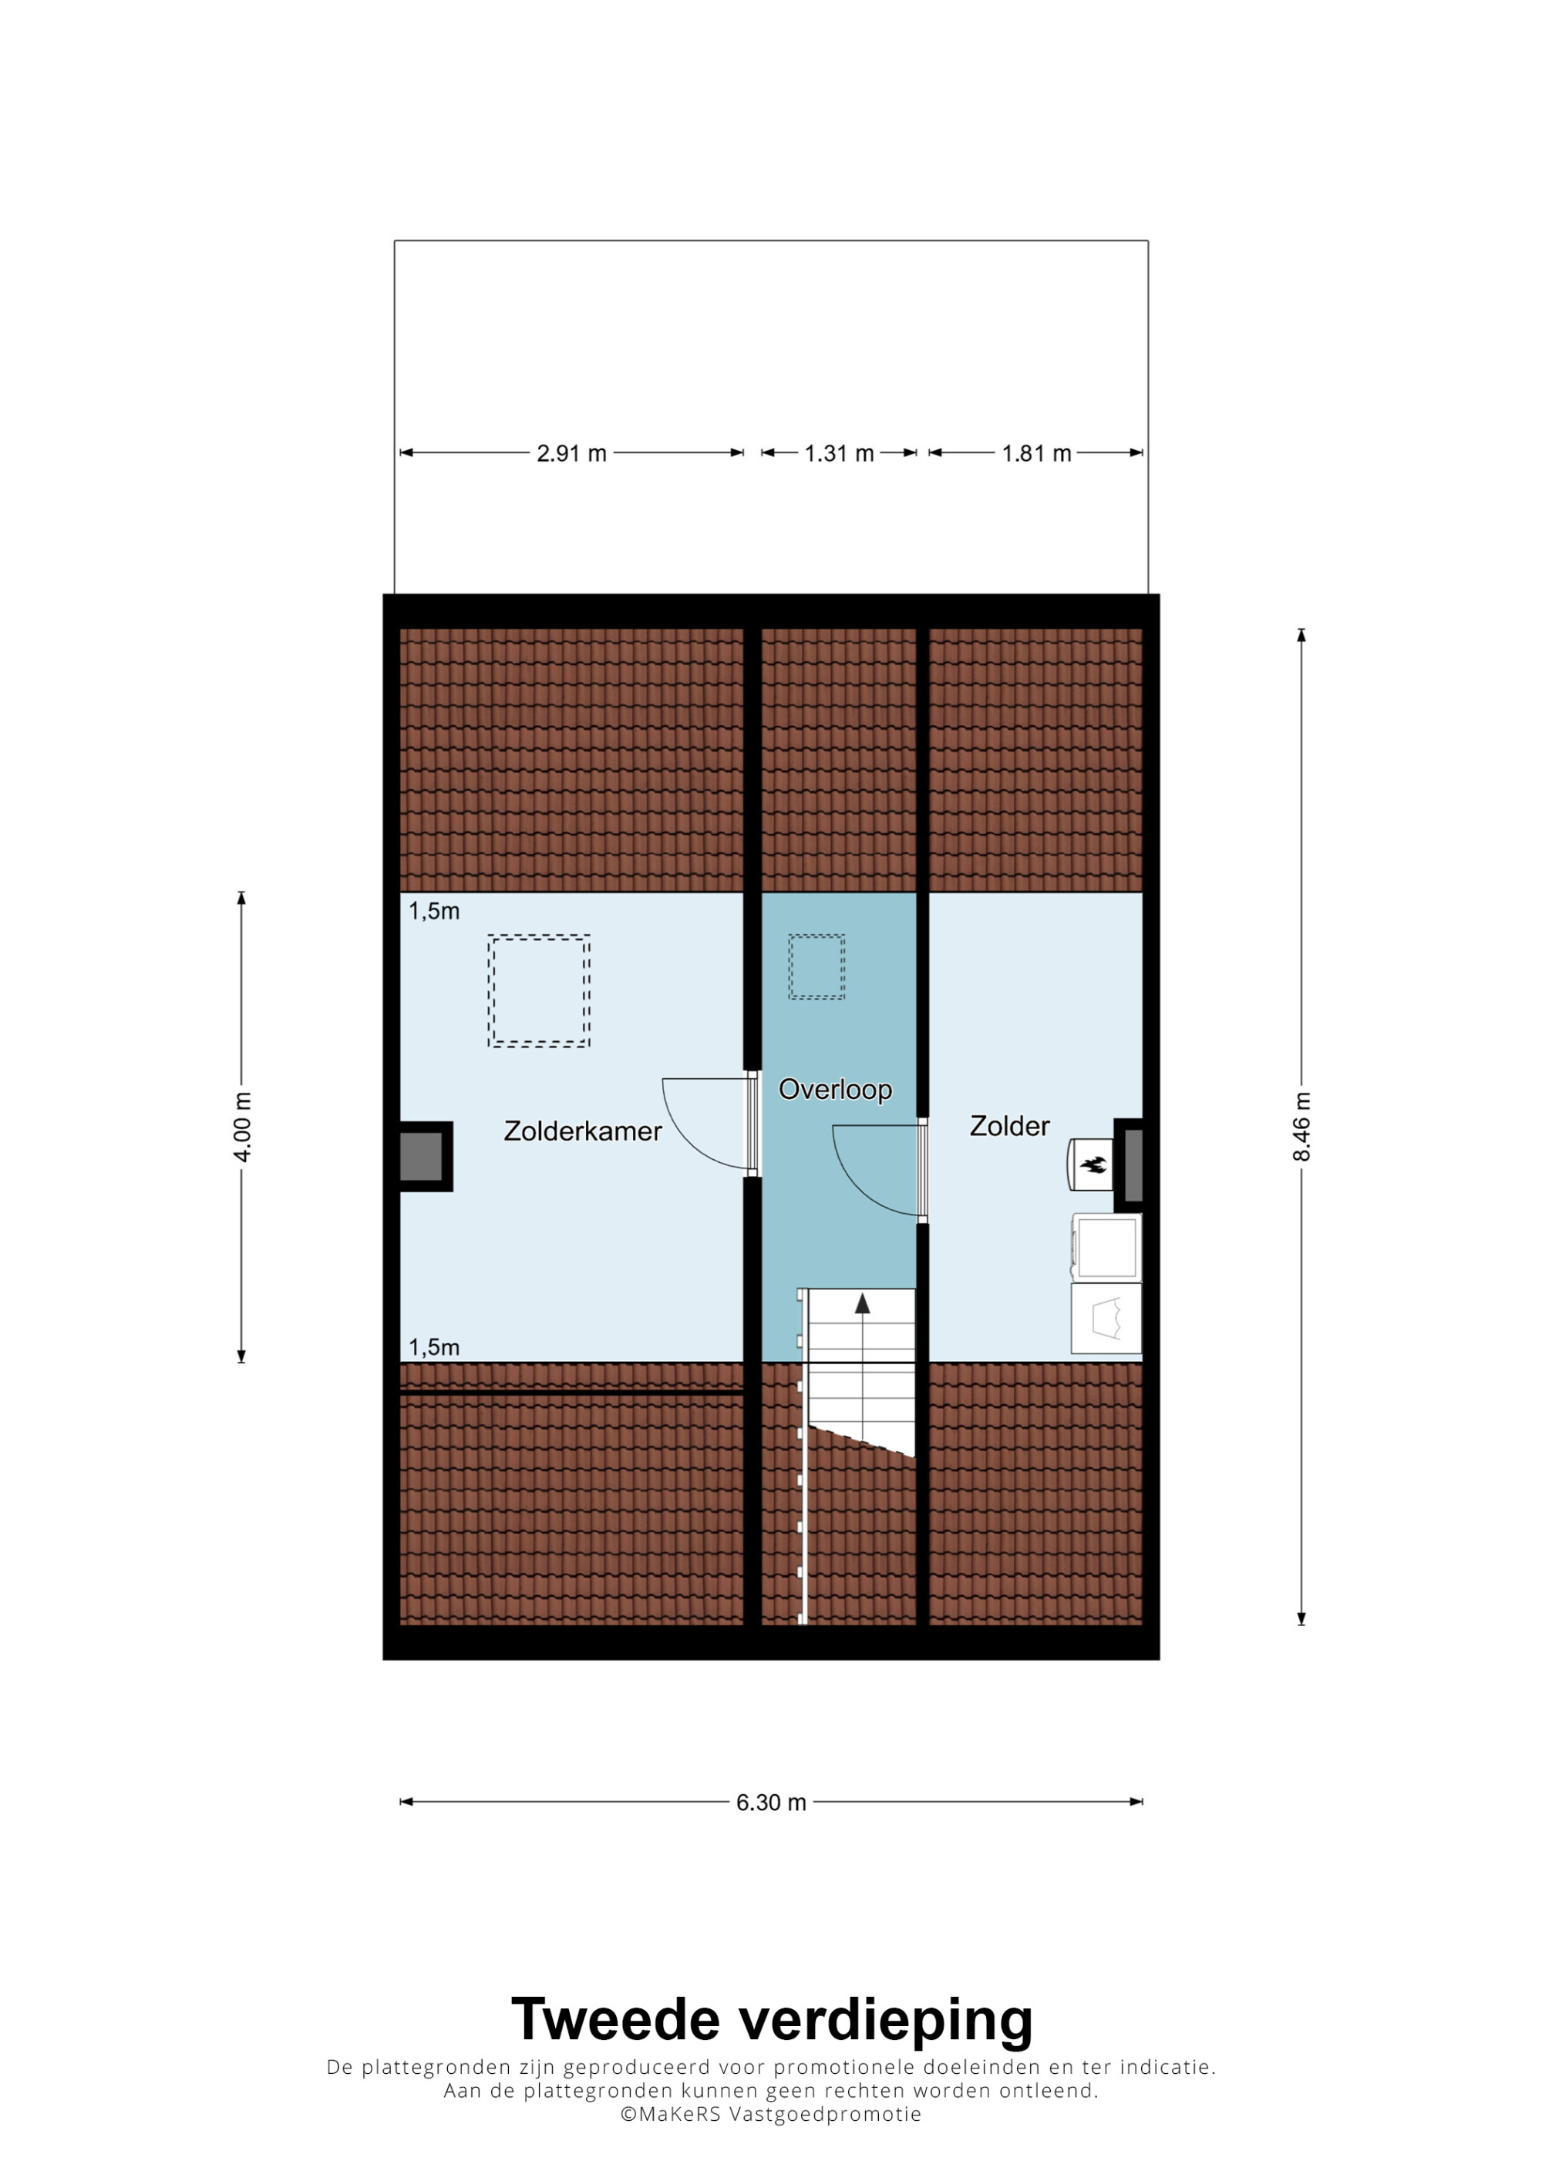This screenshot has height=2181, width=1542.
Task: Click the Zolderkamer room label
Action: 582,1131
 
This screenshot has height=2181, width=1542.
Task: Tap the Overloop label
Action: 835,1090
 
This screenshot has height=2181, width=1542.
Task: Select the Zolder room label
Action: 1009,1126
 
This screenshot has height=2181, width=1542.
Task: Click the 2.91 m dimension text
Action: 572,453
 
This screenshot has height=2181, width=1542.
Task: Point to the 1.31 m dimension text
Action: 839,453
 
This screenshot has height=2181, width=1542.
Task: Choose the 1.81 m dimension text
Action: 1036,453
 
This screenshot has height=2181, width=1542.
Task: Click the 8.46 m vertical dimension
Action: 1301,1127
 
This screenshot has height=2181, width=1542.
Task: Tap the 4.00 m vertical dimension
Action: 242,1127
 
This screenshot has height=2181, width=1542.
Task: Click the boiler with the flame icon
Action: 1091,1164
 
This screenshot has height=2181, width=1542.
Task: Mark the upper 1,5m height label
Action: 434,911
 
